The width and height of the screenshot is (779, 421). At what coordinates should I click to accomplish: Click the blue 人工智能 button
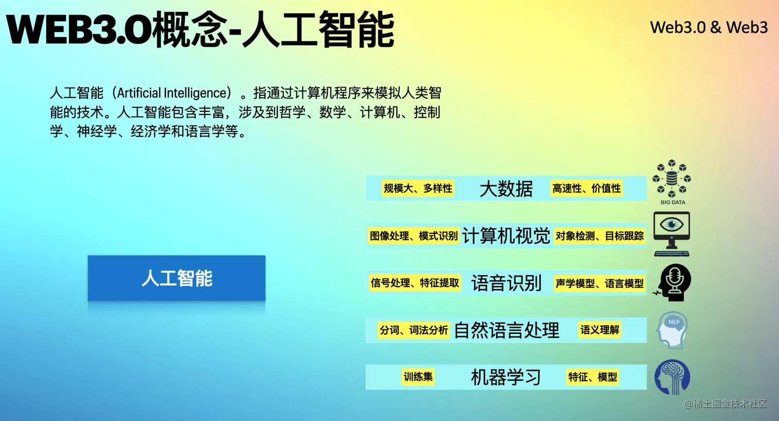click(176, 278)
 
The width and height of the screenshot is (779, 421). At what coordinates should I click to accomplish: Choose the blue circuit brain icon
click(672, 377)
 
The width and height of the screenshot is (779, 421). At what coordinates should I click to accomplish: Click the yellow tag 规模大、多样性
click(418, 189)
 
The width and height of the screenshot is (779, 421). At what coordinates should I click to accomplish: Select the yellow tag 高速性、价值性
click(586, 189)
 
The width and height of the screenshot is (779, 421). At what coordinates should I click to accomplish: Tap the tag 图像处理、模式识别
click(414, 236)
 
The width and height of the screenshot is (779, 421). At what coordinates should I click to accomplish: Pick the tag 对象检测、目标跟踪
click(599, 236)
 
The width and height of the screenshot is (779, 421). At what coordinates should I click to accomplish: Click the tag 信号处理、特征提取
click(415, 283)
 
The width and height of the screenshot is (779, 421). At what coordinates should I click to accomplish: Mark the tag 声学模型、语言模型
click(599, 283)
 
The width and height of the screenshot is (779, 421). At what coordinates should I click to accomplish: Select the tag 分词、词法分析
click(414, 330)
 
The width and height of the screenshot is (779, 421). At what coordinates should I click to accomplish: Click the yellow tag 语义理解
click(600, 330)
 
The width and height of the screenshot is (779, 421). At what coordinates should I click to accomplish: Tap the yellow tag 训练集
click(418, 377)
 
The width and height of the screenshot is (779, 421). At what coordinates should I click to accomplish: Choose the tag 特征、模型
click(592, 377)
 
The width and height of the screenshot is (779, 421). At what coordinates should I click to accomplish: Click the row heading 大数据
click(506, 189)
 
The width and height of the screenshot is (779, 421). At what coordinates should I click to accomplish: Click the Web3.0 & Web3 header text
click(708, 27)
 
